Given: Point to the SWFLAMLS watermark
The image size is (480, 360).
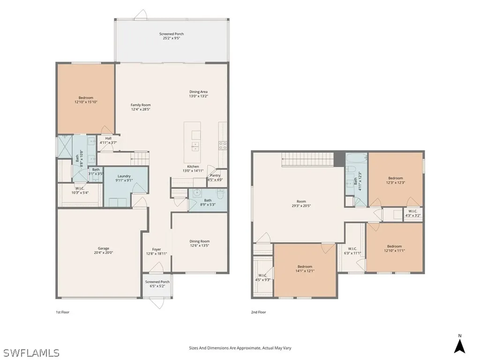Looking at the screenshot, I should pyautogui.click(x=31, y=352).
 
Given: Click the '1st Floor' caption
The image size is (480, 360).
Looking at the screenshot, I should pyautogui.click(x=62, y=312).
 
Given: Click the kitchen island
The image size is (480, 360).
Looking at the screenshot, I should pyautogui.click(x=192, y=142).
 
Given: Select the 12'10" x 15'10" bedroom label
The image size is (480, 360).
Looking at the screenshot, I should pyautogui.click(x=86, y=99).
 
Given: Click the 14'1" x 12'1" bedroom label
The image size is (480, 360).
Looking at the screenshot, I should pyautogui.click(x=305, y=268).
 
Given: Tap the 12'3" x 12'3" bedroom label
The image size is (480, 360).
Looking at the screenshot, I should pyautogui.click(x=395, y=180).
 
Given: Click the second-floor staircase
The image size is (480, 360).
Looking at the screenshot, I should pyautogui.click(x=307, y=159).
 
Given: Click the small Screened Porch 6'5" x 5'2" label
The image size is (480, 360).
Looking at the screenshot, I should pyautogui.click(x=157, y=284).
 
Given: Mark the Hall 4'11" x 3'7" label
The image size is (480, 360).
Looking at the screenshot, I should pyautogui.click(x=108, y=140).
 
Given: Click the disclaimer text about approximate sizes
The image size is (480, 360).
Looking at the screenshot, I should pyautogui.click(x=240, y=348).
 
